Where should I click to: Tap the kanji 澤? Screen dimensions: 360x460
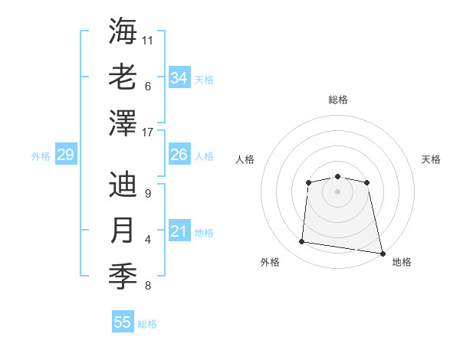pyautogui.click(x=123, y=123)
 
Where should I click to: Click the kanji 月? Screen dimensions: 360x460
pyautogui.click(x=123, y=231)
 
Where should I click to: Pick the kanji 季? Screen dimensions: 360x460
pyautogui.click(x=123, y=277)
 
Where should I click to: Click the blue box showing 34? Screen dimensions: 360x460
pyautogui.click(x=179, y=77)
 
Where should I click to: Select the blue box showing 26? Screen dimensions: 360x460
pyautogui.click(x=179, y=155)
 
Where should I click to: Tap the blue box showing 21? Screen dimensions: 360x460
pyautogui.click(x=179, y=231)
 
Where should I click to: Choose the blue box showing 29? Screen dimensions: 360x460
pyautogui.click(x=65, y=155)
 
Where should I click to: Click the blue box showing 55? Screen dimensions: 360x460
pyautogui.click(x=123, y=322)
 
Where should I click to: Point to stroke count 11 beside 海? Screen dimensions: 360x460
pyautogui.click(x=148, y=39)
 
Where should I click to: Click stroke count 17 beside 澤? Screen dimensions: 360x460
pyautogui.click(x=148, y=132)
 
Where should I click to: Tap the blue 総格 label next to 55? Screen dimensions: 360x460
pyautogui.click(x=147, y=324)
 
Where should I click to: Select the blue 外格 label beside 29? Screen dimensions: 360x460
pyautogui.click(x=41, y=156)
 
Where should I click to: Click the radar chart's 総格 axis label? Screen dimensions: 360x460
pyautogui.click(x=337, y=100)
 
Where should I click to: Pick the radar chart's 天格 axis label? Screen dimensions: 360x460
pyautogui.click(x=432, y=159)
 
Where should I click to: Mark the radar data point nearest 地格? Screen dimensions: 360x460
pyautogui.click(x=382, y=253)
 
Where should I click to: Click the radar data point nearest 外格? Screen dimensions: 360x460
pyautogui.click(x=302, y=242)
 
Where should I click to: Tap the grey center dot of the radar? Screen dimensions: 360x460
pyautogui.click(x=337, y=191)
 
